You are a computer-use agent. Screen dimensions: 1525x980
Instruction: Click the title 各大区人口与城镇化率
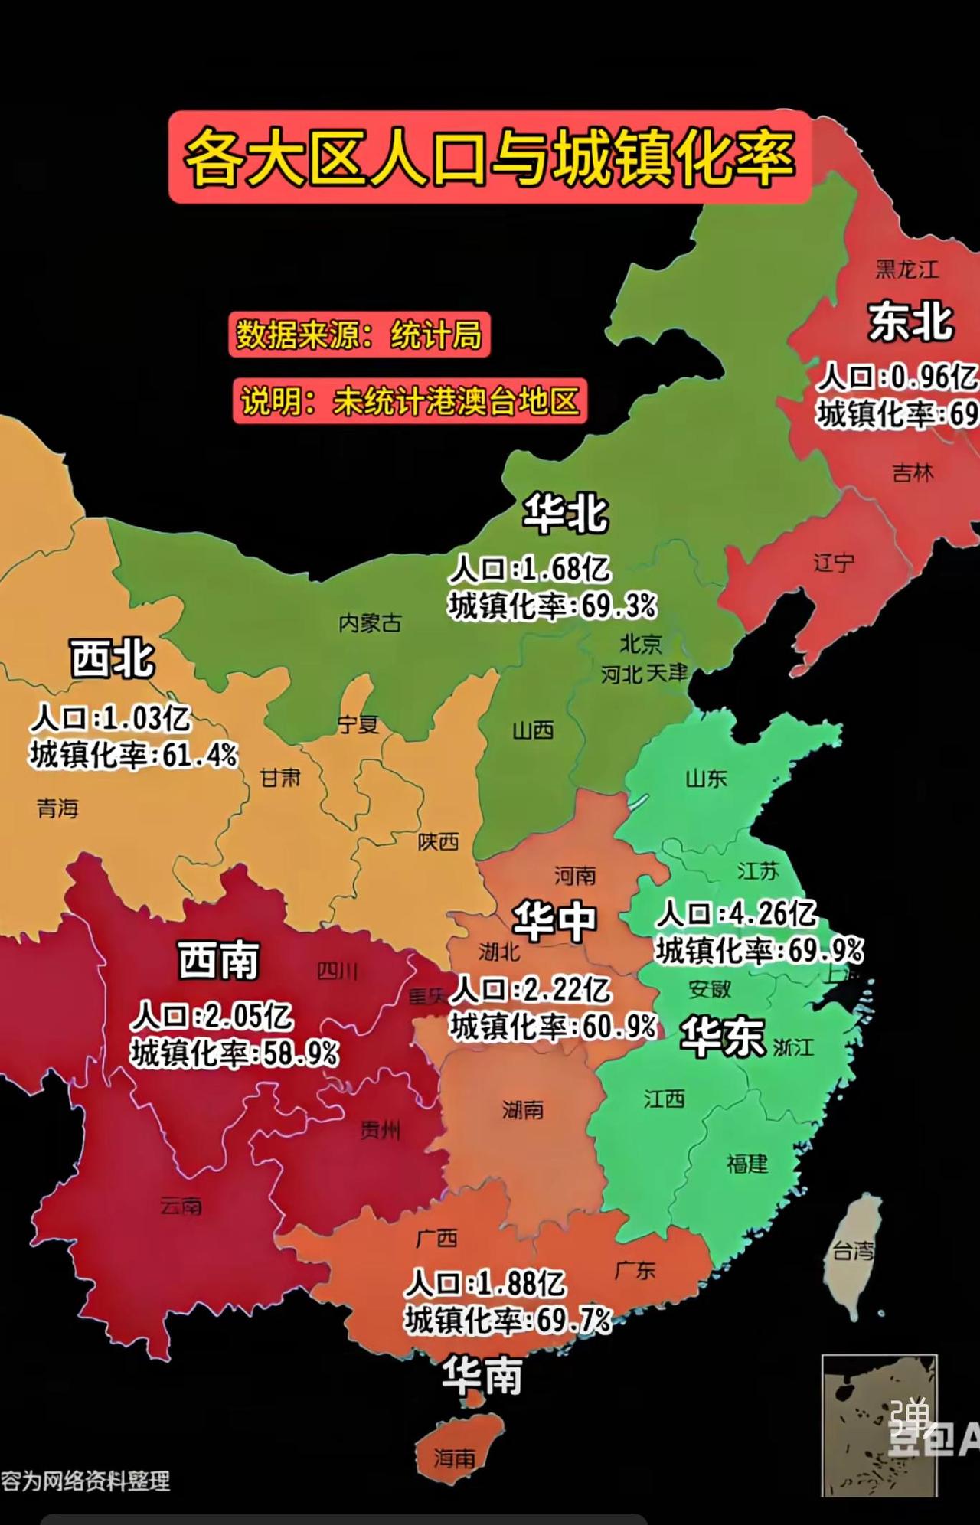tap(490, 157)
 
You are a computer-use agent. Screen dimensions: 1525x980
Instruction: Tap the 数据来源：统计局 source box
tap(359, 335)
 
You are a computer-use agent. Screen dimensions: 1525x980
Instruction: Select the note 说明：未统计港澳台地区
tap(410, 400)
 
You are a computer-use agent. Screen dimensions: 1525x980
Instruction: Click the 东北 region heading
tap(910, 322)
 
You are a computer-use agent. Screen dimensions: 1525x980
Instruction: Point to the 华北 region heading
tap(565, 513)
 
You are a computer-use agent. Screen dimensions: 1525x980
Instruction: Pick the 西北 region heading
tap(113, 658)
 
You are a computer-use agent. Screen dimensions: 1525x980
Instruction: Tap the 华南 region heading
tap(482, 1376)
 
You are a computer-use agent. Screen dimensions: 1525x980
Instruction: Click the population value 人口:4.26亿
tap(737, 913)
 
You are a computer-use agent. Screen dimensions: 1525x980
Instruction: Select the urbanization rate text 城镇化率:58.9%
tap(234, 1054)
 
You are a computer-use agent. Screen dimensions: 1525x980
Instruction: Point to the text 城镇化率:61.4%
tap(134, 755)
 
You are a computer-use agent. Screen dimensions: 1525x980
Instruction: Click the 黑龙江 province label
tap(906, 269)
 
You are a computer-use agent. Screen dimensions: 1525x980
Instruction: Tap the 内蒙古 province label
tap(370, 623)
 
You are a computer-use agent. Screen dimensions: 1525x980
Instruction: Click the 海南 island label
tap(455, 1458)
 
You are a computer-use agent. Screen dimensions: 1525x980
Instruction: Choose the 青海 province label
tap(57, 808)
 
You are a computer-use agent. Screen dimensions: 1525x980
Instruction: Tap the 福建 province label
tap(746, 1164)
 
